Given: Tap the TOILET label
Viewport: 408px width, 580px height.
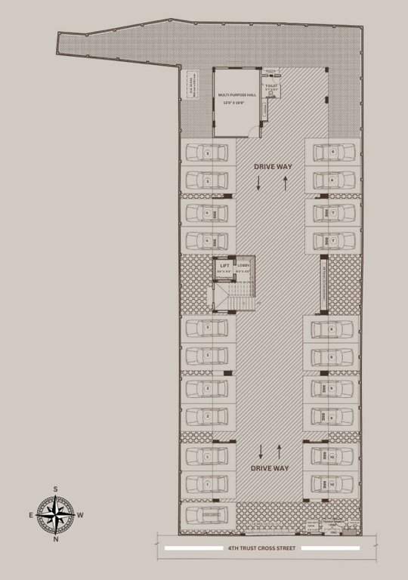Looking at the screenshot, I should pos(271,86).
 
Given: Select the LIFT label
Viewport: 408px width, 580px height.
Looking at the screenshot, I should pos(224,266).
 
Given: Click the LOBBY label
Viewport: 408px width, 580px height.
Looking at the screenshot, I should pos(243,266).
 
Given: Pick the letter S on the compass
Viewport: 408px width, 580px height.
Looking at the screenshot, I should pos(56,489).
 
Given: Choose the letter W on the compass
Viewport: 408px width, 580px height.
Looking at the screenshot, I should pos(82,515).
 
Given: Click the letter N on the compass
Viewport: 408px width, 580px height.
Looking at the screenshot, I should pos(56,541).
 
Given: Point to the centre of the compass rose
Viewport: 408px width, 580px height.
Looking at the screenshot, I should pos(55,515).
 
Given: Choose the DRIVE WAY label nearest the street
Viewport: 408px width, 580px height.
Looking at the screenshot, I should pos(269,468).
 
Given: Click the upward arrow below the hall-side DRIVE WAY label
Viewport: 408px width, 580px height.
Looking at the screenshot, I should pos(286,182).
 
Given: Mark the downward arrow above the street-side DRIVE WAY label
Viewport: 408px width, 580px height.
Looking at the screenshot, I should pos(261,452).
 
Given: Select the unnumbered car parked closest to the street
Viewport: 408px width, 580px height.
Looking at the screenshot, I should pos(206,515).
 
